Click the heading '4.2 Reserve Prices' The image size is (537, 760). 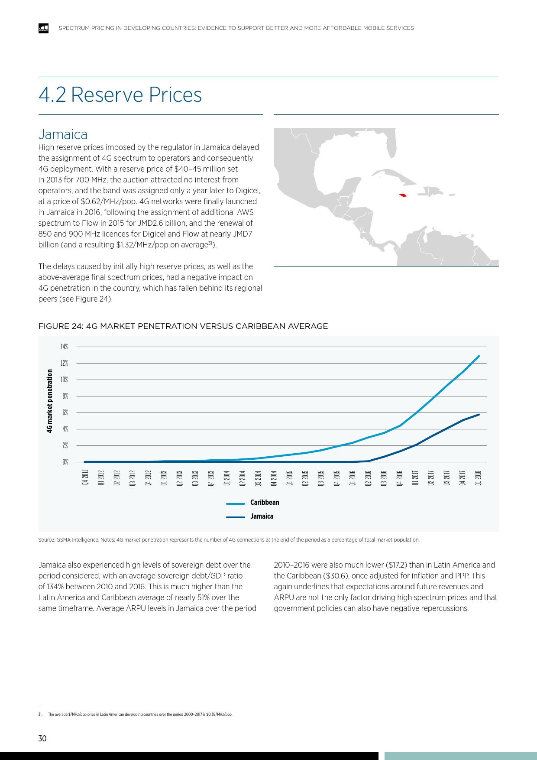(x=120, y=95)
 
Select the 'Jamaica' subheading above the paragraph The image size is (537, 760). (x=63, y=134)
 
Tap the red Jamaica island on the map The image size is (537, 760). (x=403, y=195)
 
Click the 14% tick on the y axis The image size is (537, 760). (x=65, y=347)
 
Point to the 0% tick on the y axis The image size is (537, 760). (x=65, y=462)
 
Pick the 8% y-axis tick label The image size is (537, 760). (x=65, y=396)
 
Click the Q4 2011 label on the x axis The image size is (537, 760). (x=85, y=477)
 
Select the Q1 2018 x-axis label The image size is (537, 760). (x=478, y=477)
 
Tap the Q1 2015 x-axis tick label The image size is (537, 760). (x=290, y=477)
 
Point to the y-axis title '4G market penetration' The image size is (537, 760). (x=50, y=401)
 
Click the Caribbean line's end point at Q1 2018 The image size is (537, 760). (x=479, y=356)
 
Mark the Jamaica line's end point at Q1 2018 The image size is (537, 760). (x=479, y=415)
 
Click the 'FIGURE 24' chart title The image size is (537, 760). (x=183, y=326)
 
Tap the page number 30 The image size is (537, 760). (x=42, y=738)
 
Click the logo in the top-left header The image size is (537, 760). (x=43, y=28)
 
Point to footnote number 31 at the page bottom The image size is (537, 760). (x=40, y=715)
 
